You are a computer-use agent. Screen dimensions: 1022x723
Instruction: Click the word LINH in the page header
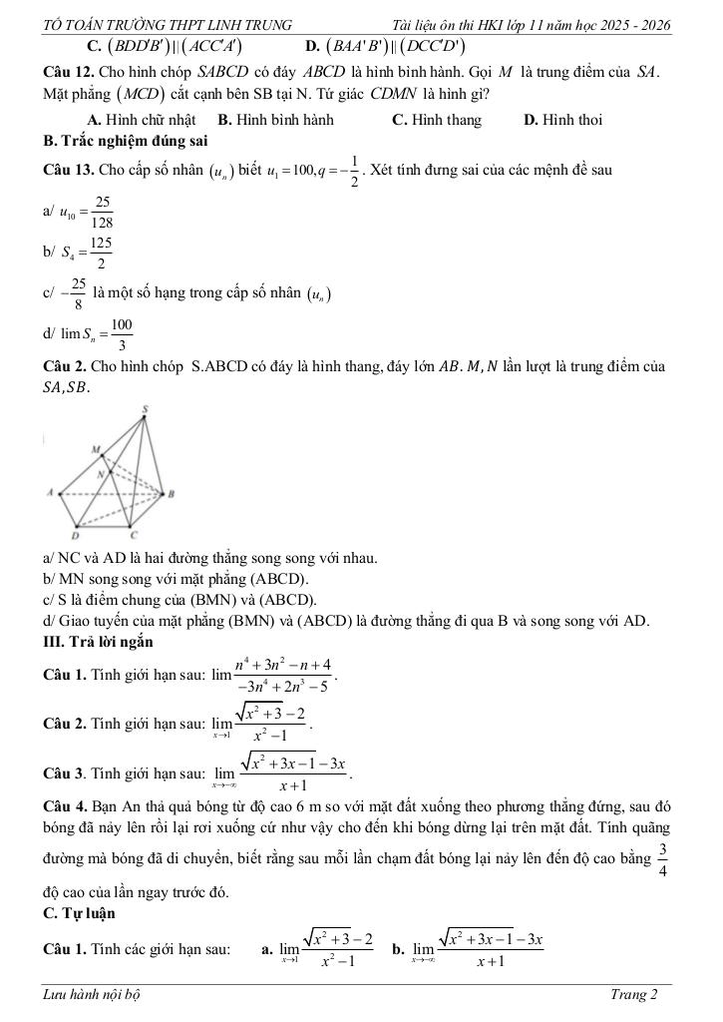(219, 24)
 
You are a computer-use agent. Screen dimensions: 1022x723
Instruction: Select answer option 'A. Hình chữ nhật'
(144, 120)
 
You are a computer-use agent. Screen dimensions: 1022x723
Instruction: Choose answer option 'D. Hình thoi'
(562, 120)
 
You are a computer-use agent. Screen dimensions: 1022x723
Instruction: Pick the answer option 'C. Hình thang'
(437, 120)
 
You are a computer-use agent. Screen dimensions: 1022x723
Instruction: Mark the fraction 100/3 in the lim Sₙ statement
(121, 335)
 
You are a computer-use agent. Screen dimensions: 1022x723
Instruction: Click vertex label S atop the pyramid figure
(145, 409)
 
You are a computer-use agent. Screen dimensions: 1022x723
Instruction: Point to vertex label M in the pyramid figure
(97, 450)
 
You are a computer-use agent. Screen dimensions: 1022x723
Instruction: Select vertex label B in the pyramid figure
(173, 494)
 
